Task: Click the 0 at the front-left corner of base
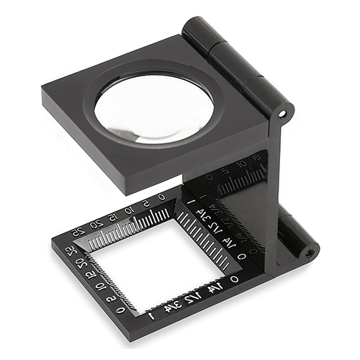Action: coord(122,310)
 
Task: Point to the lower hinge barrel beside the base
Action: coord(295,230)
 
